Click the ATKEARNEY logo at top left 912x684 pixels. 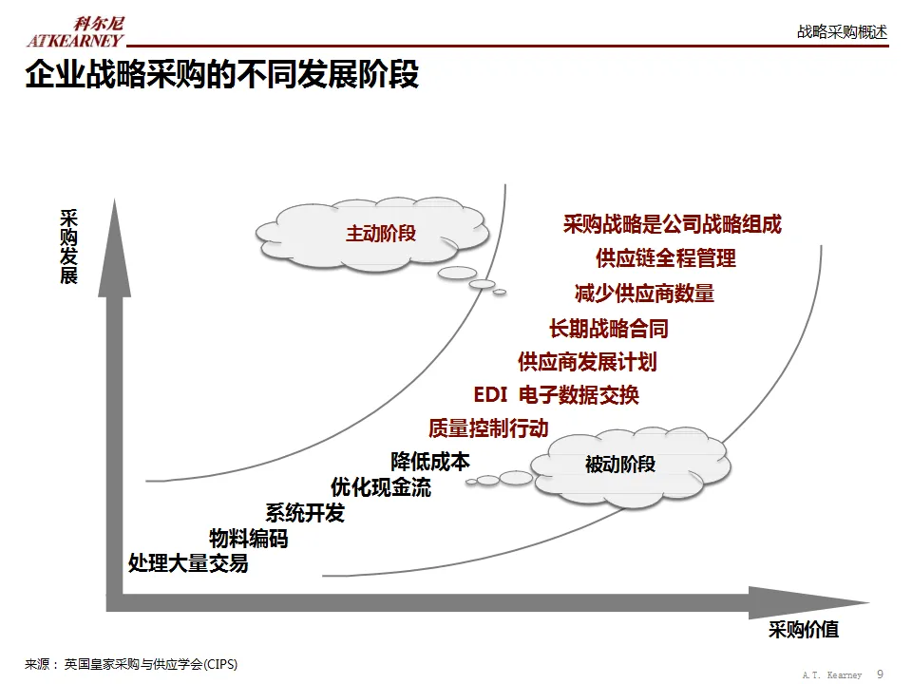[75, 32]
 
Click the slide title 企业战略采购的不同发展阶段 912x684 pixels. [221, 74]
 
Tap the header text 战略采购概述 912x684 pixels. [842, 31]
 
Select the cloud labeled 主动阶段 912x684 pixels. [380, 234]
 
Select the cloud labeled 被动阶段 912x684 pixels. [619, 465]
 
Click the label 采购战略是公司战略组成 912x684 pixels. [672, 225]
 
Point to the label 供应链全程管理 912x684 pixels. [665, 258]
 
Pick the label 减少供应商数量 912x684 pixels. [644, 294]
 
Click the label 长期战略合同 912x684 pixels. [608, 329]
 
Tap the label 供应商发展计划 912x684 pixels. [586, 362]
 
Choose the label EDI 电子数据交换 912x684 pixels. [556, 395]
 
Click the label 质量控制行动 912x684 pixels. [488, 428]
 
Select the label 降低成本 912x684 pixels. [430, 462]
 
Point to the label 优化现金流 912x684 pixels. [380, 487]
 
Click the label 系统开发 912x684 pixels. [305, 514]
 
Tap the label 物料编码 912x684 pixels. [248, 540]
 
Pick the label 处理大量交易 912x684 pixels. [188, 563]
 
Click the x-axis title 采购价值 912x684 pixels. [804, 630]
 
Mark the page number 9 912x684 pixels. [880, 674]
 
